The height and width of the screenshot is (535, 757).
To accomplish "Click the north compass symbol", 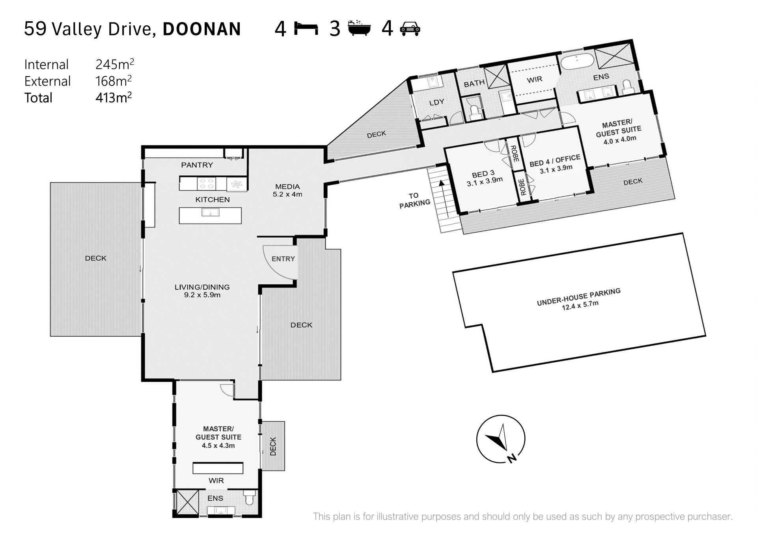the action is click(501, 439).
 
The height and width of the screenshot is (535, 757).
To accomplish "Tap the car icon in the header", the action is click(410, 29).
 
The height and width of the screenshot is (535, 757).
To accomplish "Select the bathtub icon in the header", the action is click(359, 28).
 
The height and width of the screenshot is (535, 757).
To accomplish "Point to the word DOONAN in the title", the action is click(201, 29).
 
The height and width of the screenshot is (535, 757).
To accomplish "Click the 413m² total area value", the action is click(114, 97).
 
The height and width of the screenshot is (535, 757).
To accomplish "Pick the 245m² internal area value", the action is click(115, 64).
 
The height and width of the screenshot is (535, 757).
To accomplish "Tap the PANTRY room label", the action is click(197, 165).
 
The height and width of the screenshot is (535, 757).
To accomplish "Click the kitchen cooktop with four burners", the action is click(207, 184).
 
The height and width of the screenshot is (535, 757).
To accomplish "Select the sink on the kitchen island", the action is click(211, 213).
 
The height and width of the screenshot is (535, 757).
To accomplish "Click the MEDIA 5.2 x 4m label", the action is click(287, 190).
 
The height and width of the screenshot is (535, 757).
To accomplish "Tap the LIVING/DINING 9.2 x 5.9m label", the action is click(202, 291).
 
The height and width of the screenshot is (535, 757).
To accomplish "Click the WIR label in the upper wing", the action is click(534, 80).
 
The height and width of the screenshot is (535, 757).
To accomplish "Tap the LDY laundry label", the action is click(436, 102).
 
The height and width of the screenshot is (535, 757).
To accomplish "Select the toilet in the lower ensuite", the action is click(249, 497).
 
